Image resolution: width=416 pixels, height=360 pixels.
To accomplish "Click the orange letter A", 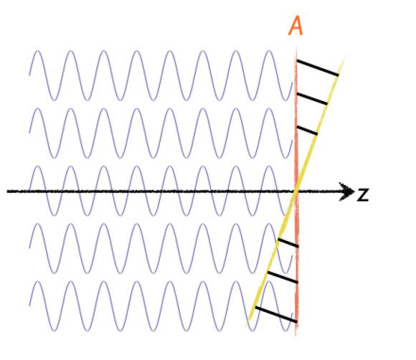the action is coord(296,26).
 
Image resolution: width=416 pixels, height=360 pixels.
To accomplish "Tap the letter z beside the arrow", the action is coord(363,195).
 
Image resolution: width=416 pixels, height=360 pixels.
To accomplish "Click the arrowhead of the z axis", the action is coord(348,191).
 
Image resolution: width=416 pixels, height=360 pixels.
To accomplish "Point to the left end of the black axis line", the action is coord(7,191).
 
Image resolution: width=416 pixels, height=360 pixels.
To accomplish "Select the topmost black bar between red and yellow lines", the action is coord(318,68).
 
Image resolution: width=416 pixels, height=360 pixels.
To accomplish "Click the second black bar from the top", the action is coord(312,99).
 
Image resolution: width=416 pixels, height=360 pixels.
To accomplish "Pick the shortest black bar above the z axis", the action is coord(307,131).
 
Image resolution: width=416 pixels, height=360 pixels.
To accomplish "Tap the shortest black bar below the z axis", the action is coord(288,243).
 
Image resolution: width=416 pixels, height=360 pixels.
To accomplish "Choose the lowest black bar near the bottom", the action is coord(276,315).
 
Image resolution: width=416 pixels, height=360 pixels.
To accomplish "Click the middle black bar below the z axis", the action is coord(283,278).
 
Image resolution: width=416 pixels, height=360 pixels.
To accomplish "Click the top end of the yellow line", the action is coord(344,57).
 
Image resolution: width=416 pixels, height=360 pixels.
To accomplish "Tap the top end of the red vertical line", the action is coord(296,48).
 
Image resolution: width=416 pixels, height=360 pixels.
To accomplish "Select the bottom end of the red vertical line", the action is coord(296,336).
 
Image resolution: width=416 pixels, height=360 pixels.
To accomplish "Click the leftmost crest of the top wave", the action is coord(38,51).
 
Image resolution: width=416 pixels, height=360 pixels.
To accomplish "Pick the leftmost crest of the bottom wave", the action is coord(38,281).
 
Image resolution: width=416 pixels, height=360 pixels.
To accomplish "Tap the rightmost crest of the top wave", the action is coord(269,51).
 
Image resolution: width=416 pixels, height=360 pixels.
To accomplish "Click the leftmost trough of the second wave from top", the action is coord(54,158).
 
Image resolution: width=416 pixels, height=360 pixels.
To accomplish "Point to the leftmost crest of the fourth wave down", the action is coord(38,224).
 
